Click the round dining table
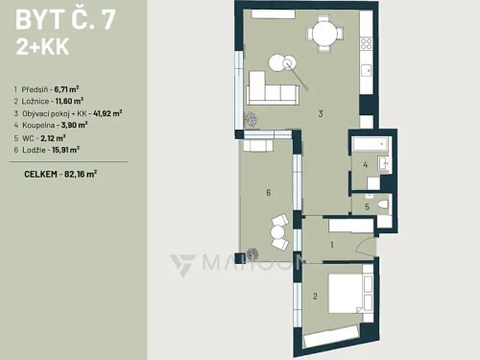pos(324,36)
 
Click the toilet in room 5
pos(382,204)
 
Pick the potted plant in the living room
pos(250,119)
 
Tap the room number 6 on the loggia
pos(268,192)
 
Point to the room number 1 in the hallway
pos(331,245)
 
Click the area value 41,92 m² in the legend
pos(105,112)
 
